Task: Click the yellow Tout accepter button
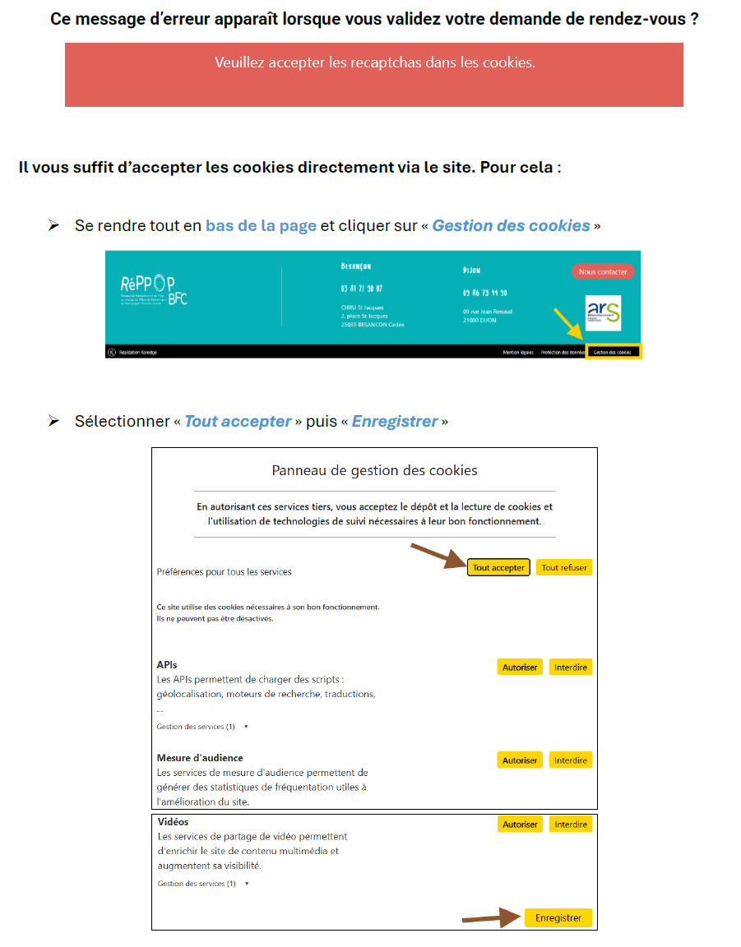(498, 567)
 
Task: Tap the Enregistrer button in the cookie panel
(558, 917)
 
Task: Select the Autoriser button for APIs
(520, 667)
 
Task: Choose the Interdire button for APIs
(571, 667)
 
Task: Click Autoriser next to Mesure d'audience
(520, 760)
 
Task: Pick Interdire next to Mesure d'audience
(571, 760)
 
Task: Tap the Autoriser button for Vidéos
(520, 824)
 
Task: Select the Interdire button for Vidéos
(571, 824)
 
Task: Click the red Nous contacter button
(603, 271)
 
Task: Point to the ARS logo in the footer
(604, 312)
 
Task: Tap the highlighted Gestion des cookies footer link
(613, 352)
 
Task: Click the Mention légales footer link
(518, 352)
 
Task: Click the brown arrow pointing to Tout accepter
(438, 556)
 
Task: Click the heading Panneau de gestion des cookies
(374, 470)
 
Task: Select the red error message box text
(374, 62)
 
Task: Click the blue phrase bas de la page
(261, 225)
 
